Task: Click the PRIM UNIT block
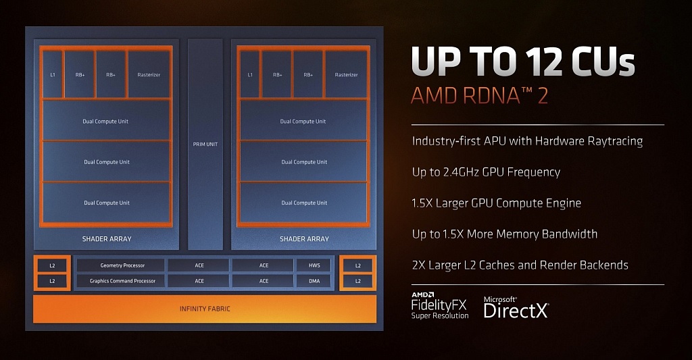click(x=205, y=145)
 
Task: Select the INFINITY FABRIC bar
click(x=205, y=309)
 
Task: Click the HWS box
click(x=314, y=265)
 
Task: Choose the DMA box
click(x=314, y=280)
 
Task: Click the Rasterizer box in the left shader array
click(x=149, y=74)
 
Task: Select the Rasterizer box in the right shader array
click(x=346, y=74)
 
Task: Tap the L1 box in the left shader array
click(x=53, y=74)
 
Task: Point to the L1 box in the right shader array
click(x=250, y=74)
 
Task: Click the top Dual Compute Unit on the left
click(x=106, y=120)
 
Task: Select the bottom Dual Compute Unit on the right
click(x=303, y=203)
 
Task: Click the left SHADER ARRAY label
click(x=107, y=238)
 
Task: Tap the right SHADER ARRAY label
click(x=304, y=238)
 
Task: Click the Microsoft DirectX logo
click(x=516, y=307)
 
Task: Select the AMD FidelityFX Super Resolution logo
click(x=439, y=305)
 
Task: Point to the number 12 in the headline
click(x=545, y=61)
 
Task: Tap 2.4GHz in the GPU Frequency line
click(x=458, y=172)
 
